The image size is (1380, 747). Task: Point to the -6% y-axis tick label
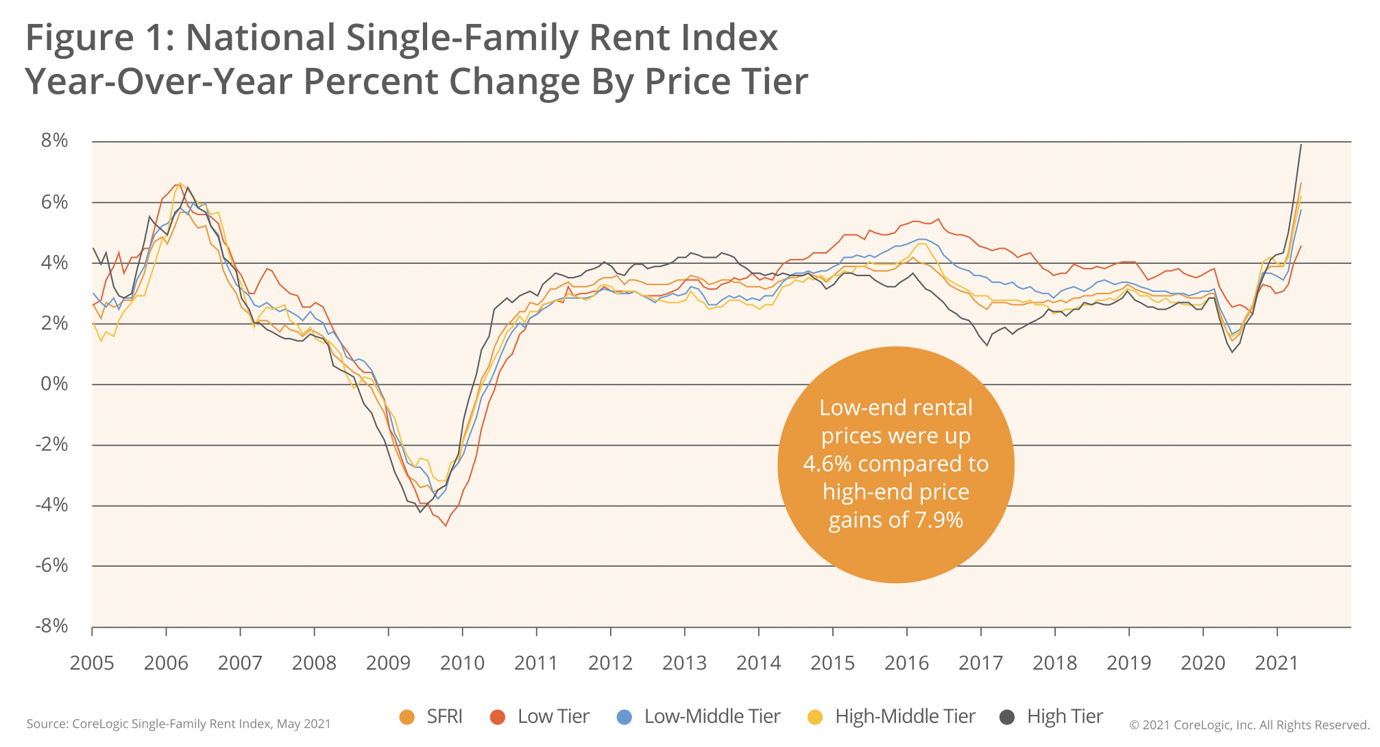52,565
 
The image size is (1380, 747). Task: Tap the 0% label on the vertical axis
55,384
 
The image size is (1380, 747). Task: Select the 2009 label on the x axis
388,663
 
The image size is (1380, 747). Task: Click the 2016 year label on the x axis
906,663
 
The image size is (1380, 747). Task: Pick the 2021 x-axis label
1276,663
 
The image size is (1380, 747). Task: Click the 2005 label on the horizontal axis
92,663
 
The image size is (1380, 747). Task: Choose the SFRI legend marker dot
407,718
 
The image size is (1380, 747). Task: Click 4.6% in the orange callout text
827,464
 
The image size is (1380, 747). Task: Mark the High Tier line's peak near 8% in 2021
1300,145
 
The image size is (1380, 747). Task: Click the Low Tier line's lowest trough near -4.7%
446,526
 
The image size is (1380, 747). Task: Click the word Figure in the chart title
80,38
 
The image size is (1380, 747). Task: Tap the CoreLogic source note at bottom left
178,724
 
